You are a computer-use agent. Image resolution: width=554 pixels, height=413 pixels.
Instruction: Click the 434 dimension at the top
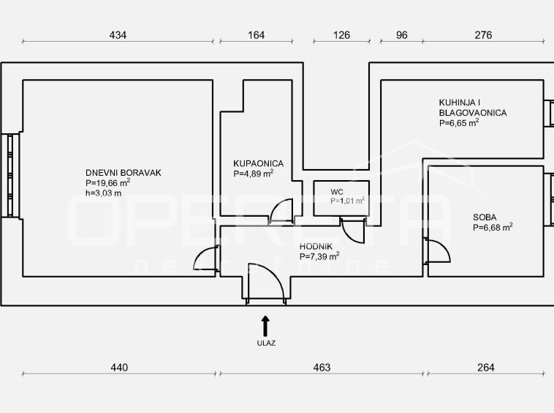coord(118,35)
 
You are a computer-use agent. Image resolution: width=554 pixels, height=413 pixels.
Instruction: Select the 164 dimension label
coord(256,35)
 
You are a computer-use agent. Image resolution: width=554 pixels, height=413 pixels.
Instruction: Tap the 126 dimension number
coord(341,35)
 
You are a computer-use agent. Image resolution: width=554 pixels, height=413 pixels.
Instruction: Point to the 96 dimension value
coord(402,35)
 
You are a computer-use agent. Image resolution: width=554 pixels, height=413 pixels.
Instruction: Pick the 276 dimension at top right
coord(483,35)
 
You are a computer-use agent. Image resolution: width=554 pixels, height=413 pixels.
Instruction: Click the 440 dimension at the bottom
coord(119,368)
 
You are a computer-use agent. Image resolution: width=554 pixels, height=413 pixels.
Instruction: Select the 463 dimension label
coord(322,368)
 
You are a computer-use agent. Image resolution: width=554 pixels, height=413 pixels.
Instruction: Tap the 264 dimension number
coord(486,368)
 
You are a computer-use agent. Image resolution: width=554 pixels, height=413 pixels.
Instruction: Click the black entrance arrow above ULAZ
coord(265,326)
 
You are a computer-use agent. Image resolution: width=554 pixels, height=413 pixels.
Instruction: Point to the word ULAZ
coord(266,343)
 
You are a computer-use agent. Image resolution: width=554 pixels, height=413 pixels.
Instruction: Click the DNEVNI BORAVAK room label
coord(124,173)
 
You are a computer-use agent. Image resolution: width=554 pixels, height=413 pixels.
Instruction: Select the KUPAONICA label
coord(258,163)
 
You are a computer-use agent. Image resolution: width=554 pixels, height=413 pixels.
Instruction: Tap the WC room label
coord(337,192)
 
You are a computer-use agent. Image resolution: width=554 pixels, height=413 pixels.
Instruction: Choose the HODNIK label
coord(316,247)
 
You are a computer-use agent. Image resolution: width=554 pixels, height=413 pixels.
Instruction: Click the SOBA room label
coord(485,217)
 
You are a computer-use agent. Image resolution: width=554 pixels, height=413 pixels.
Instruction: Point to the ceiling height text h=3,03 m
coord(104,193)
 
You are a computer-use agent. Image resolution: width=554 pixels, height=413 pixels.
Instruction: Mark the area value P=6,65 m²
coord(459,123)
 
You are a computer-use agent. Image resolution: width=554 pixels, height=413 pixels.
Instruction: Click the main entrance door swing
coord(266,281)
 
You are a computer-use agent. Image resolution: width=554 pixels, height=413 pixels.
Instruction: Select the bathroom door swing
coord(281,212)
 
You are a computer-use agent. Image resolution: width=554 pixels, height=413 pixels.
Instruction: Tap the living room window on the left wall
coord(10,176)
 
